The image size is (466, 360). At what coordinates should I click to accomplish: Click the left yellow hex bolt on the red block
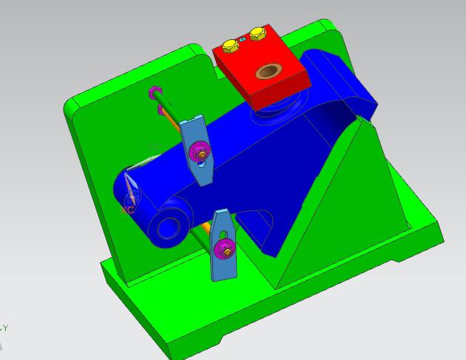[x=231, y=44]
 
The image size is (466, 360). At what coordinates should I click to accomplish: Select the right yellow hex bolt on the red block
[x=257, y=33]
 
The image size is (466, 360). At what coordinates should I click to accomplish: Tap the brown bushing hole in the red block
[x=266, y=72]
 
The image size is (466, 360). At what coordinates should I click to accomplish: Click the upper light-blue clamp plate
[x=194, y=133]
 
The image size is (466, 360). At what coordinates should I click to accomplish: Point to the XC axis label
[x=127, y=210]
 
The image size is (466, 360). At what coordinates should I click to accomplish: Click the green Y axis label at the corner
[x=4, y=328]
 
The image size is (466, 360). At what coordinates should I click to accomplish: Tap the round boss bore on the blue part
[x=166, y=225]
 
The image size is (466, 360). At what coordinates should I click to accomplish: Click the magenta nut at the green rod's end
[x=155, y=93]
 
